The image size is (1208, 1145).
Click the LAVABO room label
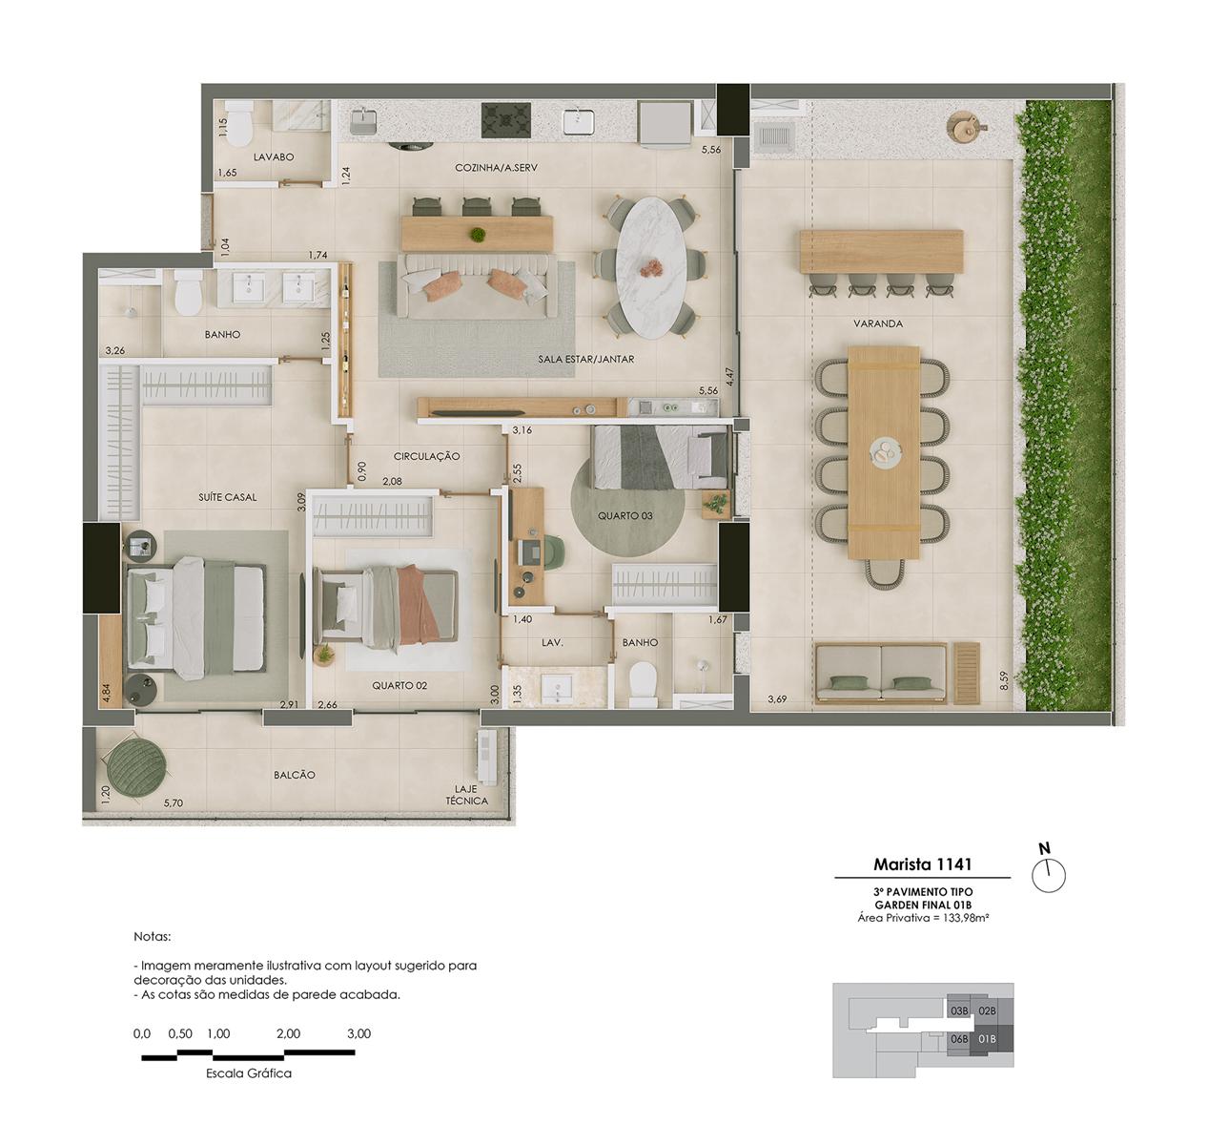[x=274, y=156]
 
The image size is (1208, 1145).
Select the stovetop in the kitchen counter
[x=505, y=120]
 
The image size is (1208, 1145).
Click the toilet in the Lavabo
[x=239, y=122]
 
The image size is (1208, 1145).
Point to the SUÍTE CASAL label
[x=227, y=497]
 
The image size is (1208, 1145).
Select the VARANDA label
[x=877, y=323]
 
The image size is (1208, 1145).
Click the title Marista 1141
[x=922, y=864]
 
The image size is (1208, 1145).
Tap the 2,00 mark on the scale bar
[x=288, y=1033]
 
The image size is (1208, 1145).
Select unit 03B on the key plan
[x=959, y=1011]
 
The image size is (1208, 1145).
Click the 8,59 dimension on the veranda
[x=1004, y=680]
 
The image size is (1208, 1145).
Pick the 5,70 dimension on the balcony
[x=174, y=803]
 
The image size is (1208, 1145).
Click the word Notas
[x=152, y=937]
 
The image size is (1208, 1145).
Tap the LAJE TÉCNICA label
[x=466, y=795]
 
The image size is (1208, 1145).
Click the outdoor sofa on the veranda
[x=880, y=674]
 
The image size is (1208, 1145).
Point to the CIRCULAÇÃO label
[x=426, y=456]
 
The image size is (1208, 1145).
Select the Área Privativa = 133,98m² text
[x=923, y=918]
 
